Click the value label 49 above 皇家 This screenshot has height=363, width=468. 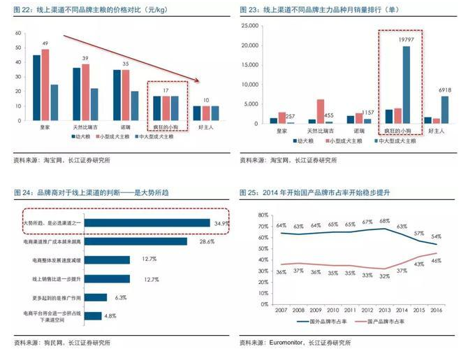pyautogui.click(x=45, y=44)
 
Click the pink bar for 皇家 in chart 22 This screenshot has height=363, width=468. pyautogui.click(x=45, y=86)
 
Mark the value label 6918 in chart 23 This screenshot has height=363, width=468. pyautogui.click(x=444, y=90)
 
